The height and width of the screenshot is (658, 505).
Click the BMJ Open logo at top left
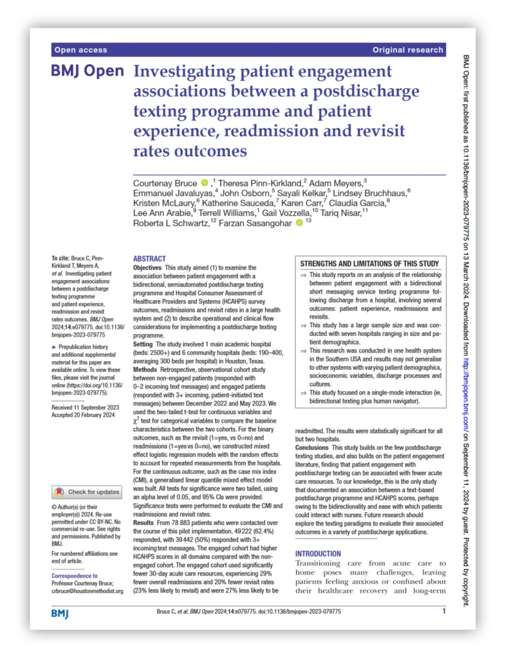[87, 71]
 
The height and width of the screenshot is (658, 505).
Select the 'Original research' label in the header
[407, 49]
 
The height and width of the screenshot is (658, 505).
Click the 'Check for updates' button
[87, 492]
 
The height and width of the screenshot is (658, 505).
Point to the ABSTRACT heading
[149, 258]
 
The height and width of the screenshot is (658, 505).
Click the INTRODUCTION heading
[318, 554]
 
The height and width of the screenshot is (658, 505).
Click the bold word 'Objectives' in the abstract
[148, 267]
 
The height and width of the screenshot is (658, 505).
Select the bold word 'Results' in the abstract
[144, 523]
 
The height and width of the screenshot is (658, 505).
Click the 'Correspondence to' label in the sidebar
[75, 576]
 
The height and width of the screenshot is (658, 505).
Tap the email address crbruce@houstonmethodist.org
[87, 591]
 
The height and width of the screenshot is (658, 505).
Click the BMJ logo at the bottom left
[60, 614]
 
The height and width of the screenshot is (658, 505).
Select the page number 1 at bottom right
[443, 611]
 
